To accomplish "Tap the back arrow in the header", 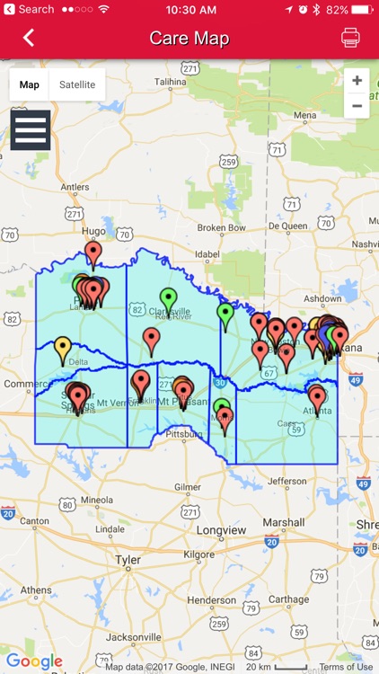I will coord(29,38).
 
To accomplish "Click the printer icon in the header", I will coord(350,38).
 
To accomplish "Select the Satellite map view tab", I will coord(77,84).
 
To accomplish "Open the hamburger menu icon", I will coord(31,130).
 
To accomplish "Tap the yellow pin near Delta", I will coord(63,349).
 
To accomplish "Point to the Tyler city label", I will coord(128,560).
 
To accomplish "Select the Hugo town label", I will coord(93,231).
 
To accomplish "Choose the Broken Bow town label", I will coord(222,227).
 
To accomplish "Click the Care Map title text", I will coord(189,38).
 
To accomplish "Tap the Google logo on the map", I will coord(34,662).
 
